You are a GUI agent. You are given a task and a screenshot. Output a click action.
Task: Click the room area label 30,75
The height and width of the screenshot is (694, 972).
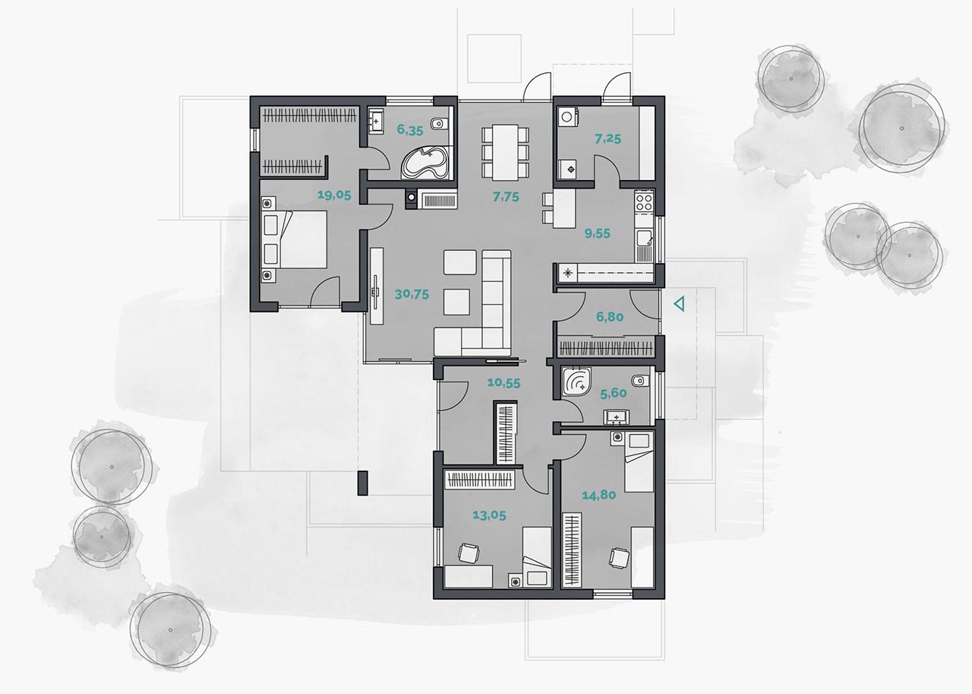(412, 294)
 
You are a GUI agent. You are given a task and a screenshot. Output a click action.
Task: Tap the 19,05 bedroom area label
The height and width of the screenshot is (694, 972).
(334, 195)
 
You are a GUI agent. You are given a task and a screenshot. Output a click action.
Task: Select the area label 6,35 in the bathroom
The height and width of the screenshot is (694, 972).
(410, 130)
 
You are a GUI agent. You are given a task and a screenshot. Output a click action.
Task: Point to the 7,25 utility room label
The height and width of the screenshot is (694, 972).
(608, 139)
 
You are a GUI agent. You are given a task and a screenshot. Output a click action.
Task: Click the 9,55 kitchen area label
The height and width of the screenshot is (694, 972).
(597, 233)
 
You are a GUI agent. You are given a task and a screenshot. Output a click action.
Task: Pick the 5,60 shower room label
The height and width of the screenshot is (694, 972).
(613, 394)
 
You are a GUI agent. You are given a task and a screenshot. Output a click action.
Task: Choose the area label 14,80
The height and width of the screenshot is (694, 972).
(599, 495)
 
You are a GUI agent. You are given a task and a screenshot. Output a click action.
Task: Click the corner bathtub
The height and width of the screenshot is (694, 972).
(424, 163)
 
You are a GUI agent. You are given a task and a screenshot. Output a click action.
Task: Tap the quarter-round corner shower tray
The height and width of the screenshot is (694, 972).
(576, 382)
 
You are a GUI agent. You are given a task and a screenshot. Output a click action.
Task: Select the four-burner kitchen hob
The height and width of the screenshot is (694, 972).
(644, 201)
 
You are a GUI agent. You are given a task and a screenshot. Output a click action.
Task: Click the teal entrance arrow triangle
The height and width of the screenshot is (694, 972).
(680, 304)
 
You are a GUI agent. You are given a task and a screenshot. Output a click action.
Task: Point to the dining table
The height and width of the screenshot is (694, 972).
(505, 153)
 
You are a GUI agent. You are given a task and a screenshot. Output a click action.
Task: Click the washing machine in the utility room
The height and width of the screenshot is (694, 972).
(567, 117)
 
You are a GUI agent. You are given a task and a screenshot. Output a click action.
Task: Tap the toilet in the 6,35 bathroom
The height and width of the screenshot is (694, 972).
(438, 124)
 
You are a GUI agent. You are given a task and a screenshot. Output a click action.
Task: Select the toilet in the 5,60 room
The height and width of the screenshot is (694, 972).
(640, 382)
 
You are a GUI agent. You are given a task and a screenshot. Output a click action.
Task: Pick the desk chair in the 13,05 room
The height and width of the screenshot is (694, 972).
(469, 553)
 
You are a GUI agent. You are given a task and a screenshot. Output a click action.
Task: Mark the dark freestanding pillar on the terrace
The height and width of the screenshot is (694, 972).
(362, 483)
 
